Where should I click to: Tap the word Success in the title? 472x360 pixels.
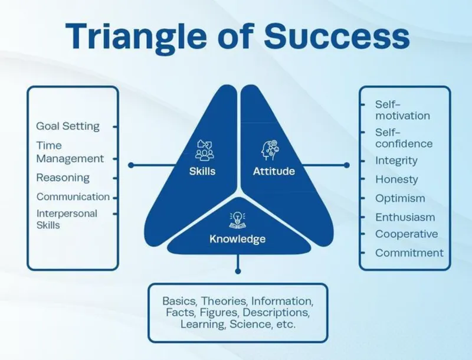337,35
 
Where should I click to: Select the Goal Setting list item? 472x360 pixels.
68,126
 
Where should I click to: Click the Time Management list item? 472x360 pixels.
70,152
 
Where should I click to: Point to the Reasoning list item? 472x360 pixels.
63,178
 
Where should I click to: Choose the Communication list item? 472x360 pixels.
73,197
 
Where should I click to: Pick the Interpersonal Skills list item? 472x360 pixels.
67,219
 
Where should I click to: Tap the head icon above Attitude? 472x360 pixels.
270,150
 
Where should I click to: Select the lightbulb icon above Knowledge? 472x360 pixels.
238,220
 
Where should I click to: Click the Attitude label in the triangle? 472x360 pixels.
274,171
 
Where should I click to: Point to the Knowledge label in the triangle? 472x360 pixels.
238,239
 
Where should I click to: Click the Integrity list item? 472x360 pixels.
396,161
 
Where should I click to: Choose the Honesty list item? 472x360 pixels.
396,179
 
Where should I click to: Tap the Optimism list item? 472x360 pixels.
400,198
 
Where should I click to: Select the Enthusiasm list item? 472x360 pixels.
405,217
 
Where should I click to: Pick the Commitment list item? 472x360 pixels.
409,253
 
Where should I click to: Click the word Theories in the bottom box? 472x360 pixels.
224,301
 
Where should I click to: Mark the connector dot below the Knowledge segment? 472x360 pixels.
238,271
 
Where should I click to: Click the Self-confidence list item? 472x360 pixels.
404,138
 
